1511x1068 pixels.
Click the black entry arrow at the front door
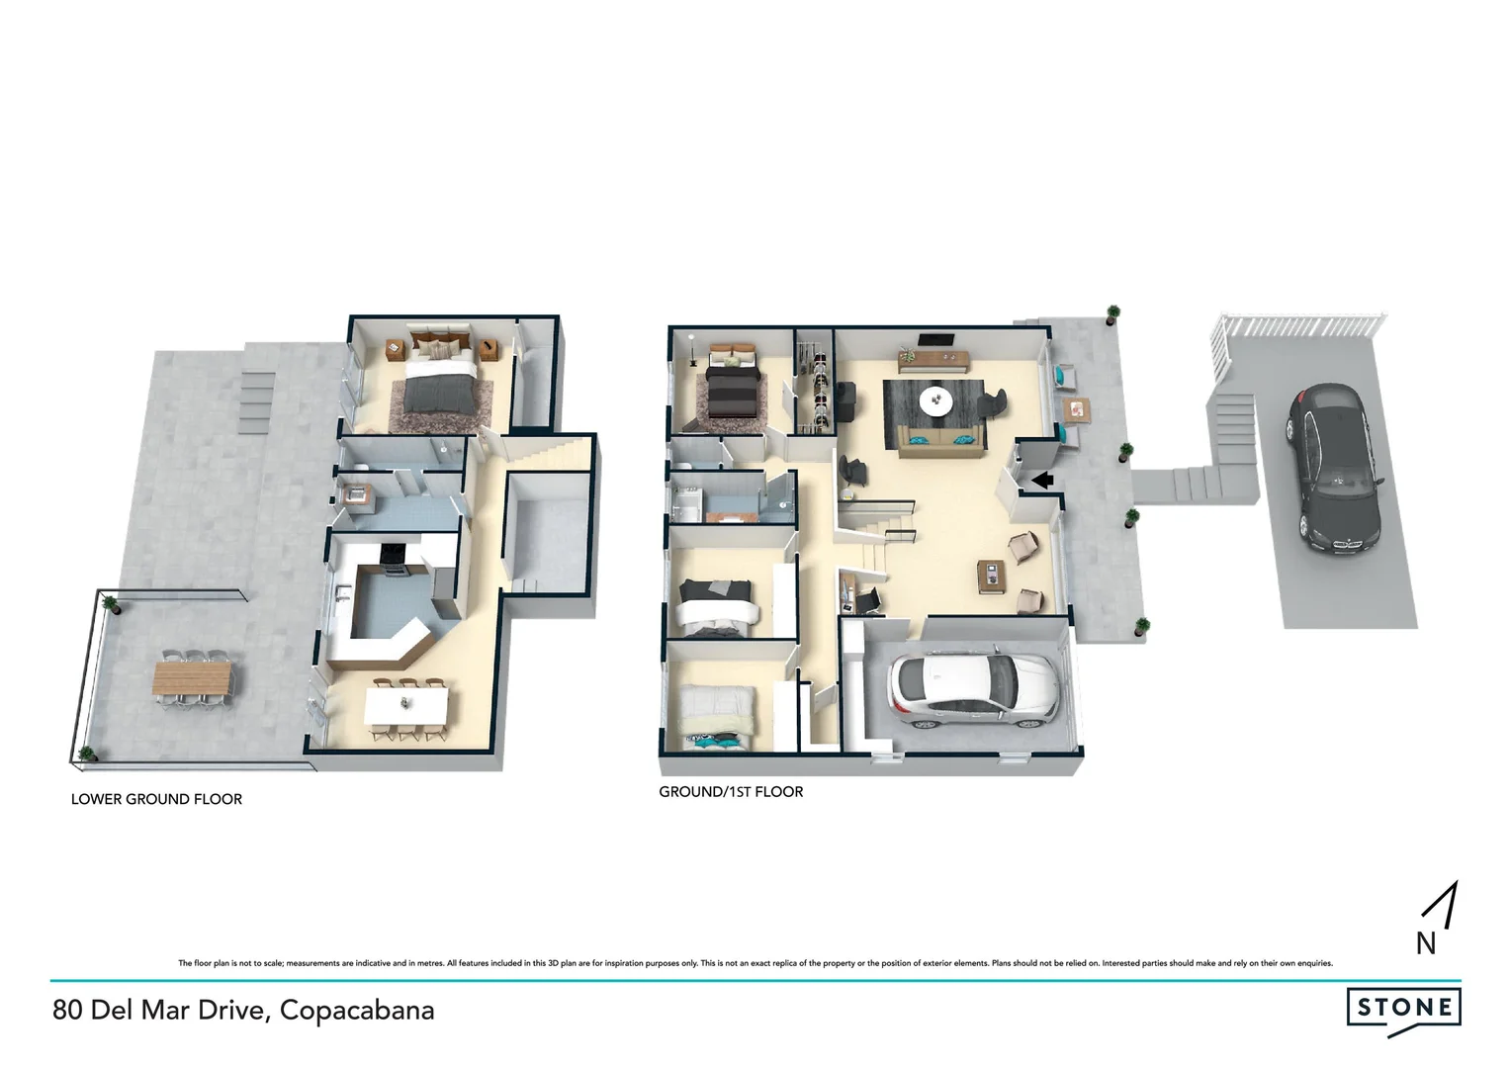click(x=1042, y=480)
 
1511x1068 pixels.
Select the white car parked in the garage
click(x=973, y=691)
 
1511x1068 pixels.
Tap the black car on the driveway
click(x=1333, y=465)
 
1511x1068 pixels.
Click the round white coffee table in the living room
click(x=935, y=400)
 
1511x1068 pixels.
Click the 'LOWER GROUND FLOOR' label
click(x=156, y=799)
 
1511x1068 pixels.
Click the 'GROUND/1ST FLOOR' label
click(x=731, y=791)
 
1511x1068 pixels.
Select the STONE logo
click(x=1403, y=1009)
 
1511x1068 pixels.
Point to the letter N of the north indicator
click(x=1425, y=943)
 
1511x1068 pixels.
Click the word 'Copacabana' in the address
click(x=357, y=1011)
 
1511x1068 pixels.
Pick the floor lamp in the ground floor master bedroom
click(x=694, y=352)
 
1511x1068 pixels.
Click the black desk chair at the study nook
click(x=867, y=598)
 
